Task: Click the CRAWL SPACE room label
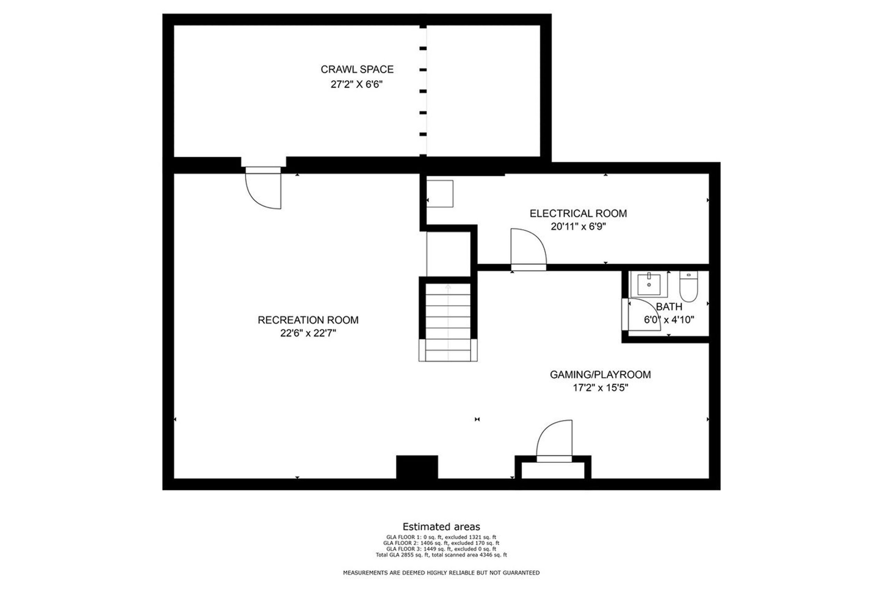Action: (x=357, y=69)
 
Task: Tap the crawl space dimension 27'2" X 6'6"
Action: (x=357, y=84)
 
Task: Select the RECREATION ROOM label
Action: (x=308, y=320)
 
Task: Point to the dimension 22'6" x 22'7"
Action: (x=308, y=333)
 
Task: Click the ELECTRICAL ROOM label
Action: (x=578, y=213)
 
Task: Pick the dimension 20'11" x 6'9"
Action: (x=578, y=226)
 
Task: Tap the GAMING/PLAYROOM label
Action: (x=600, y=374)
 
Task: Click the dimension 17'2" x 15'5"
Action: (x=600, y=387)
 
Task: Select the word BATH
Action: (x=669, y=307)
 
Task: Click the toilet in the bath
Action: (x=688, y=286)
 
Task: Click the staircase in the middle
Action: (x=448, y=322)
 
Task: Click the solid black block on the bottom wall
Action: (x=417, y=467)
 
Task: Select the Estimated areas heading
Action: (x=441, y=527)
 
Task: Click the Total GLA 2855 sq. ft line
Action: (x=441, y=555)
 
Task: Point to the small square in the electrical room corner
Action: (x=440, y=194)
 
